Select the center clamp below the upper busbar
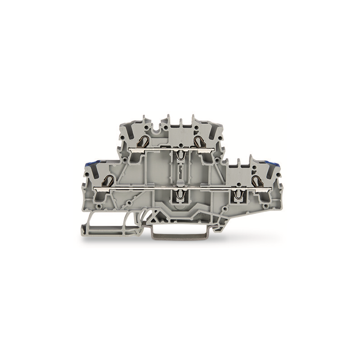[180, 155]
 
